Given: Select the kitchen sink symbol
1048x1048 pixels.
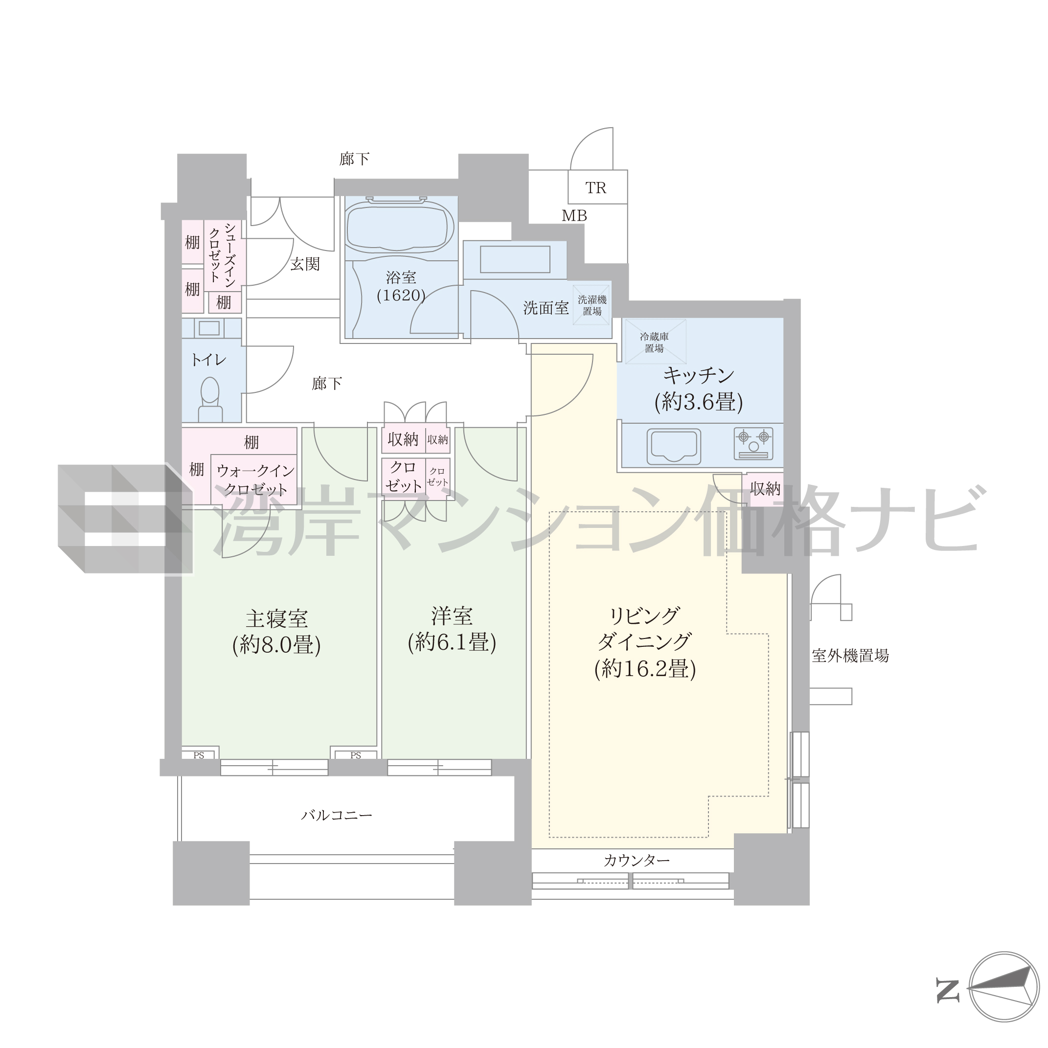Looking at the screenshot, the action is click(x=674, y=446).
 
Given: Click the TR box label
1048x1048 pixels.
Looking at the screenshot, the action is click(x=595, y=188).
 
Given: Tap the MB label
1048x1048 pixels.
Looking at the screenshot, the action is click(x=574, y=216).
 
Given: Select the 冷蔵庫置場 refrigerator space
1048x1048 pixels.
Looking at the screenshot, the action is click(x=655, y=342).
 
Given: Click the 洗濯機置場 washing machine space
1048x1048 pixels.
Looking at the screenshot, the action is click(x=592, y=305).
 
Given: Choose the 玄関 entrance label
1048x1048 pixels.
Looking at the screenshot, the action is click(x=305, y=264).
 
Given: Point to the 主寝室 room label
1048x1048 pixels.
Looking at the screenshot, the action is click(x=276, y=618).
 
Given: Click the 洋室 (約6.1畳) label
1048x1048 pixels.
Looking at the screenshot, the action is click(x=452, y=629).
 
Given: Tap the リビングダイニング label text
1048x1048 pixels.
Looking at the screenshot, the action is click(x=644, y=628).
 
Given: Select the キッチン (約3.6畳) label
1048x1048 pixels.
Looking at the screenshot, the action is click(x=699, y=388).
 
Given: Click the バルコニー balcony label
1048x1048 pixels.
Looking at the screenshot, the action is click(x=337, y=815).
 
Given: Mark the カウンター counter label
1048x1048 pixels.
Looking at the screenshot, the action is click(x=637, y=860).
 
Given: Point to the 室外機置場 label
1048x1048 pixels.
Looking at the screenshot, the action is click(x=850, y=656).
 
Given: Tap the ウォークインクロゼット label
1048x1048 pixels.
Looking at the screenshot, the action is click(x=255, y=479).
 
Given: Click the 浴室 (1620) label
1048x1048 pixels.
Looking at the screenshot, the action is click(x=401, y=286).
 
